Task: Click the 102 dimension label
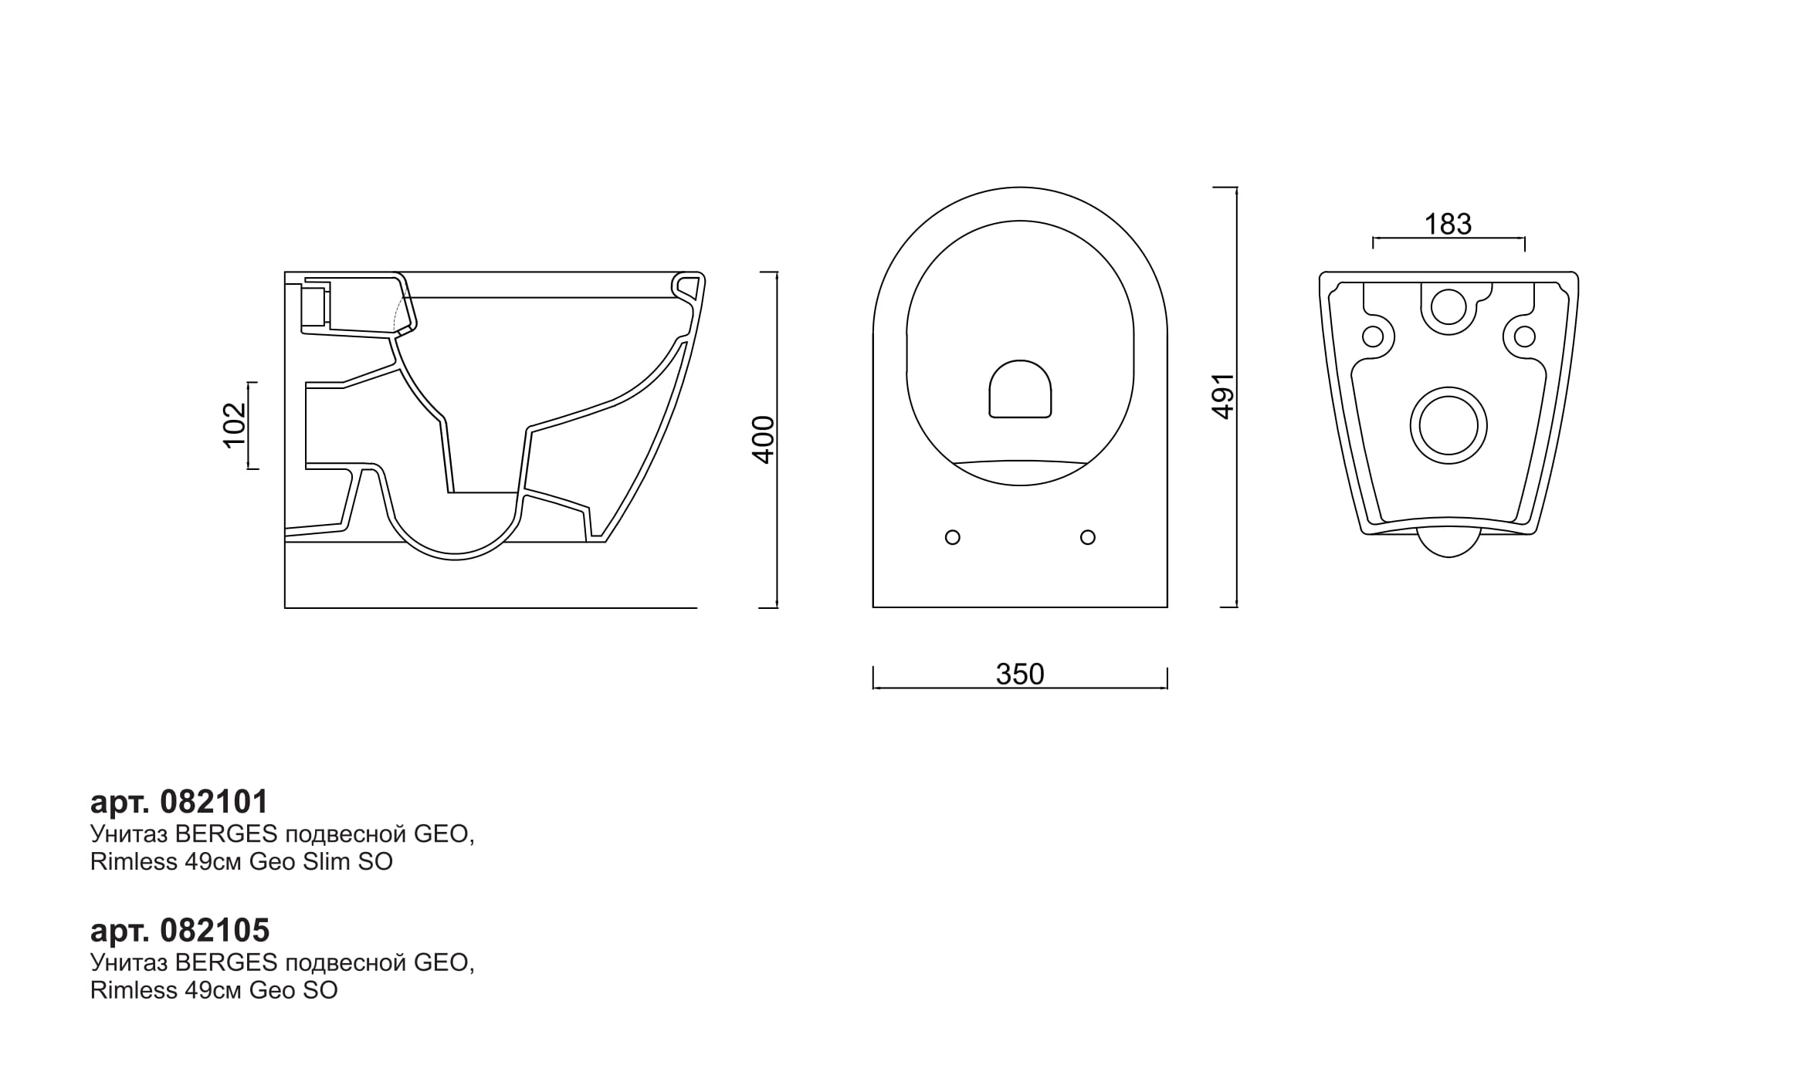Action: (234, 424)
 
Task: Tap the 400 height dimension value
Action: (763, 440)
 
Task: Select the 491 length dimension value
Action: (1223, 397)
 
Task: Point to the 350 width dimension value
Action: (1020, 675)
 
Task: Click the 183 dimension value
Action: (1448, 225)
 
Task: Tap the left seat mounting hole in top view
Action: (953, 537)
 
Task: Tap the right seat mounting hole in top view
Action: (1088, 537)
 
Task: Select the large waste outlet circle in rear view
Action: (1449, 426)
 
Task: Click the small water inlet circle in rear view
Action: (1449, 307)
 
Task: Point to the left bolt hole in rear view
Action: (1373, 336)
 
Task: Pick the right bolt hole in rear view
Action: (1524, 336)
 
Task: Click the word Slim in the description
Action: (327, 862)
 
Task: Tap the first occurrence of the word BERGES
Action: (226, 835)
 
